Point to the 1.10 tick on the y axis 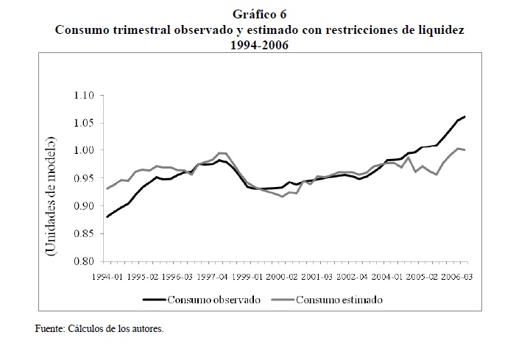point(85,96)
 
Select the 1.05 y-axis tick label point(85,123)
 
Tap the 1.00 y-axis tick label point(85,151)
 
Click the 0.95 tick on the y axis point(85,178)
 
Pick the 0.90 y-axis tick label point(85,206)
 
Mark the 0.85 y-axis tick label point(85,233)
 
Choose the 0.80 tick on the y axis point(85,261)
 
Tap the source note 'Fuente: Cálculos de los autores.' point(99,329)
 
